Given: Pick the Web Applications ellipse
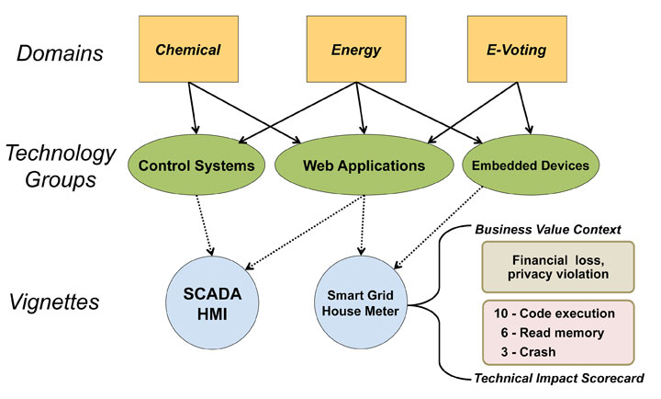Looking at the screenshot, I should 364,165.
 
